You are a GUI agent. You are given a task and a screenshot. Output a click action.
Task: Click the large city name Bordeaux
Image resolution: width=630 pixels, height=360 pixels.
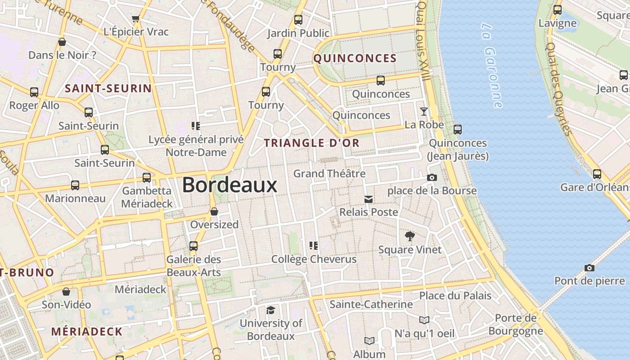click(229, 185)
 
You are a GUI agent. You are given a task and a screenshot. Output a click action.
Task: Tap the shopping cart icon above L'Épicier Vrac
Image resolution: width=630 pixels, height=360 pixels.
click(136, 19)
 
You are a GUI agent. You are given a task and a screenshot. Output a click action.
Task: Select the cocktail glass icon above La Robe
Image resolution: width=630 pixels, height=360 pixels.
click(424, 111)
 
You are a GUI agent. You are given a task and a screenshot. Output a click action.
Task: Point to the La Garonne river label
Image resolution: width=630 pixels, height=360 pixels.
click(491, 65)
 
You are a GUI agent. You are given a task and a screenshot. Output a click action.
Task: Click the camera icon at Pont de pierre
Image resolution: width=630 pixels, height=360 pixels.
click(589, 268)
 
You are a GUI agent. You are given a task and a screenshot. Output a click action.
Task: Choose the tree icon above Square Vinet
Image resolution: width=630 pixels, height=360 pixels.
click(409, 236)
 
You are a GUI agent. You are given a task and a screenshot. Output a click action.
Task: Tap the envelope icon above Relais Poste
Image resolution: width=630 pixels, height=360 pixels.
click(369, 199)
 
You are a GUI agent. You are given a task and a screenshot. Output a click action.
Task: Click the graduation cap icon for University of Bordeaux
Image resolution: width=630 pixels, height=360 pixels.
click(270, 310)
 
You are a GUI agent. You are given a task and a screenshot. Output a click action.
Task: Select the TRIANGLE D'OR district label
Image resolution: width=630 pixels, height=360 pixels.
click(311, 143)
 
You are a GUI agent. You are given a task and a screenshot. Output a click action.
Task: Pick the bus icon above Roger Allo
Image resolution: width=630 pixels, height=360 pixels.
click(34, 92)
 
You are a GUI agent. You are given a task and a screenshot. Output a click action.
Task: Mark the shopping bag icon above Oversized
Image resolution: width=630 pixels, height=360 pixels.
click(214, 211)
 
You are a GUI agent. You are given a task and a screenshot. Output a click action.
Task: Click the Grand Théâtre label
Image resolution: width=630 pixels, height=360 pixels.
click(329, 173)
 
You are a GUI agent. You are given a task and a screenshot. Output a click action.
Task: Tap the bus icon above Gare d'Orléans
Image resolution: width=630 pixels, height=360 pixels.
click(597, 174)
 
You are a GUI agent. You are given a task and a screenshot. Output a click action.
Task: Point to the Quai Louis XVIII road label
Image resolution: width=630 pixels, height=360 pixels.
click(423, 40)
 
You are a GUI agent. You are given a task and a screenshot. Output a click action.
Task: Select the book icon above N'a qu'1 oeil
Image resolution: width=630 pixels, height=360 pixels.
click(424, 320)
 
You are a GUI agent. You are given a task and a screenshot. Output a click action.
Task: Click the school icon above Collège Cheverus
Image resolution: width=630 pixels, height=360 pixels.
click(314, 246)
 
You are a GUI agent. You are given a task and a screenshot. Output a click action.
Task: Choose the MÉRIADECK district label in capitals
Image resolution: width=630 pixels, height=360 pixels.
click(86, 332)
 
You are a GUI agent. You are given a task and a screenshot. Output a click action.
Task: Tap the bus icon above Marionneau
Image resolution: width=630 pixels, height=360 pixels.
click(75, 185)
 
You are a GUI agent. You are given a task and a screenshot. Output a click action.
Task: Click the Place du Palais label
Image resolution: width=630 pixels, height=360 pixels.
click(455, 296)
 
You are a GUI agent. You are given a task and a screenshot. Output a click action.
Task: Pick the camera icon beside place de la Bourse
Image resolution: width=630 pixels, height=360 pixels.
click(432, 178)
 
